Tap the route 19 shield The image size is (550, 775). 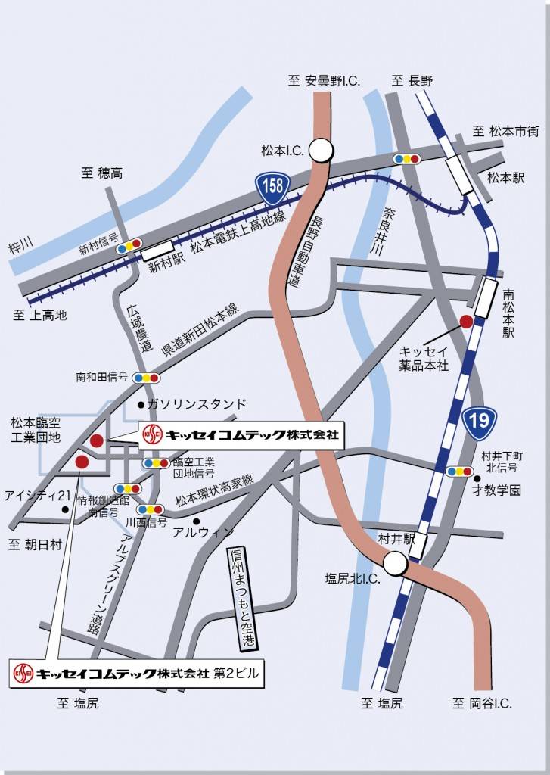point(480,422)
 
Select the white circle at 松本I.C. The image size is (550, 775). point(322,150)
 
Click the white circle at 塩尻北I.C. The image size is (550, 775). point(394,564)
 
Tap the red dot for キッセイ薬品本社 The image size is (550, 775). point(467,321)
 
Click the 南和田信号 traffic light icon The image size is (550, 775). point(146,378)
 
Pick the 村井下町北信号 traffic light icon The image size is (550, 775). point(459,471)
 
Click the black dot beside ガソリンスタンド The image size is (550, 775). point(141,404)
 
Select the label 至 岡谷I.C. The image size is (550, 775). point(482,703)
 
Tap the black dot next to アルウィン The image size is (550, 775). point(196,521)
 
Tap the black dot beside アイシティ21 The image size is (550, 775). point(67,509)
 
